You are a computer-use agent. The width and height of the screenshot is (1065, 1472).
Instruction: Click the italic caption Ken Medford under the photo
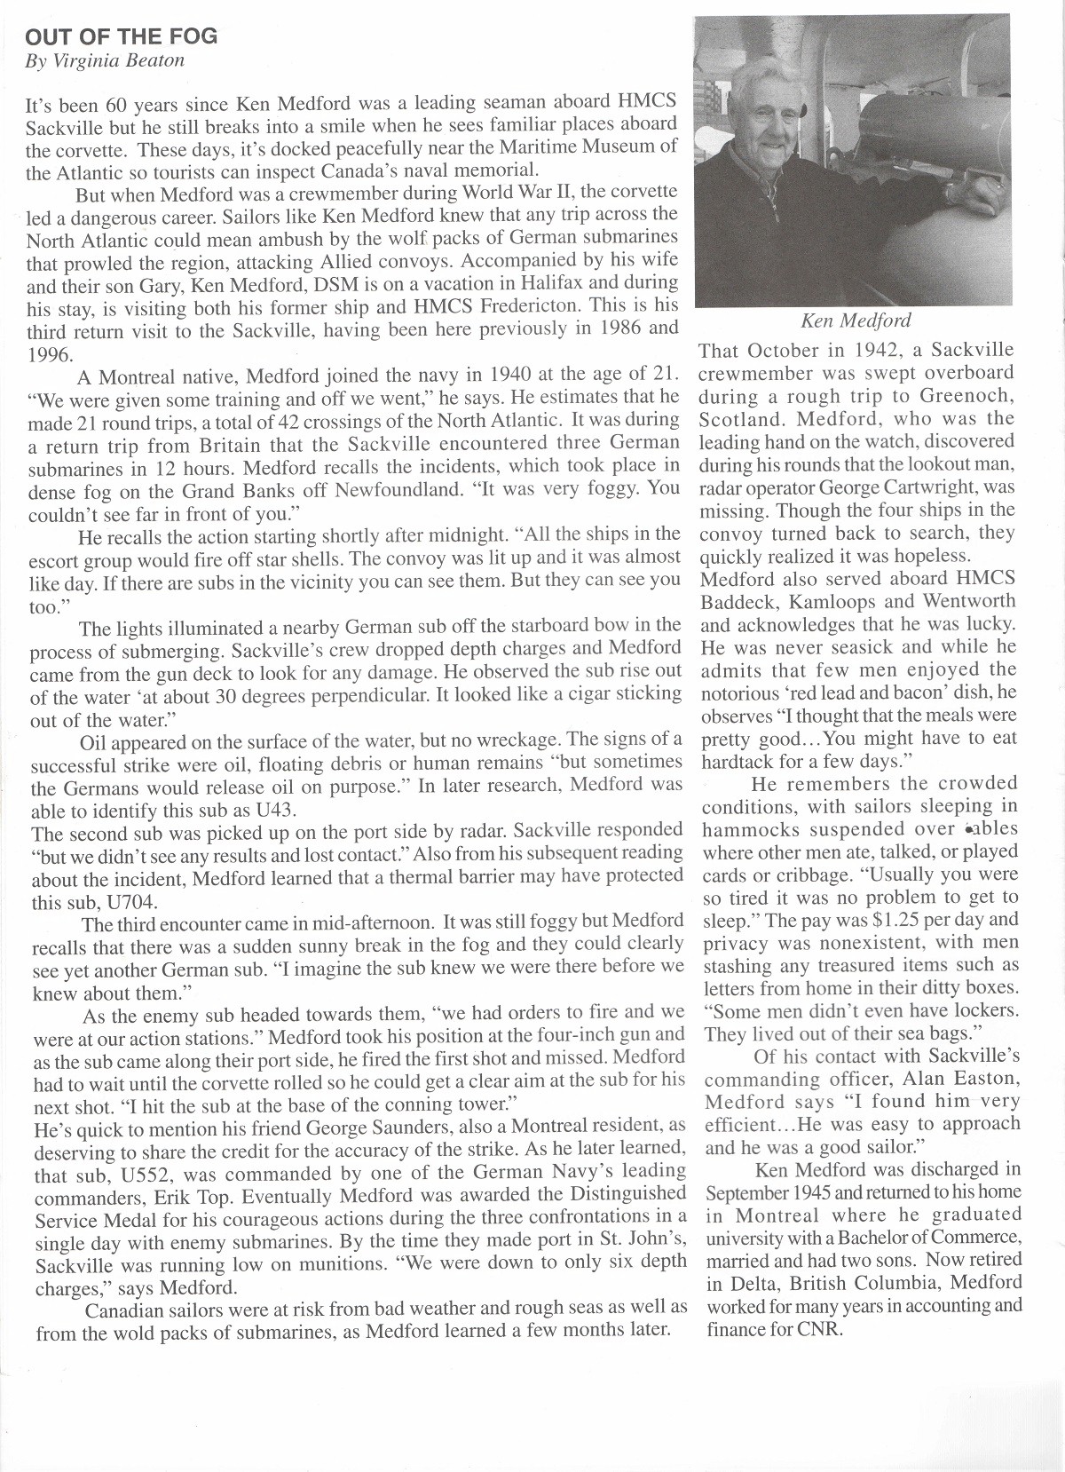click(x=856, y=321)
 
